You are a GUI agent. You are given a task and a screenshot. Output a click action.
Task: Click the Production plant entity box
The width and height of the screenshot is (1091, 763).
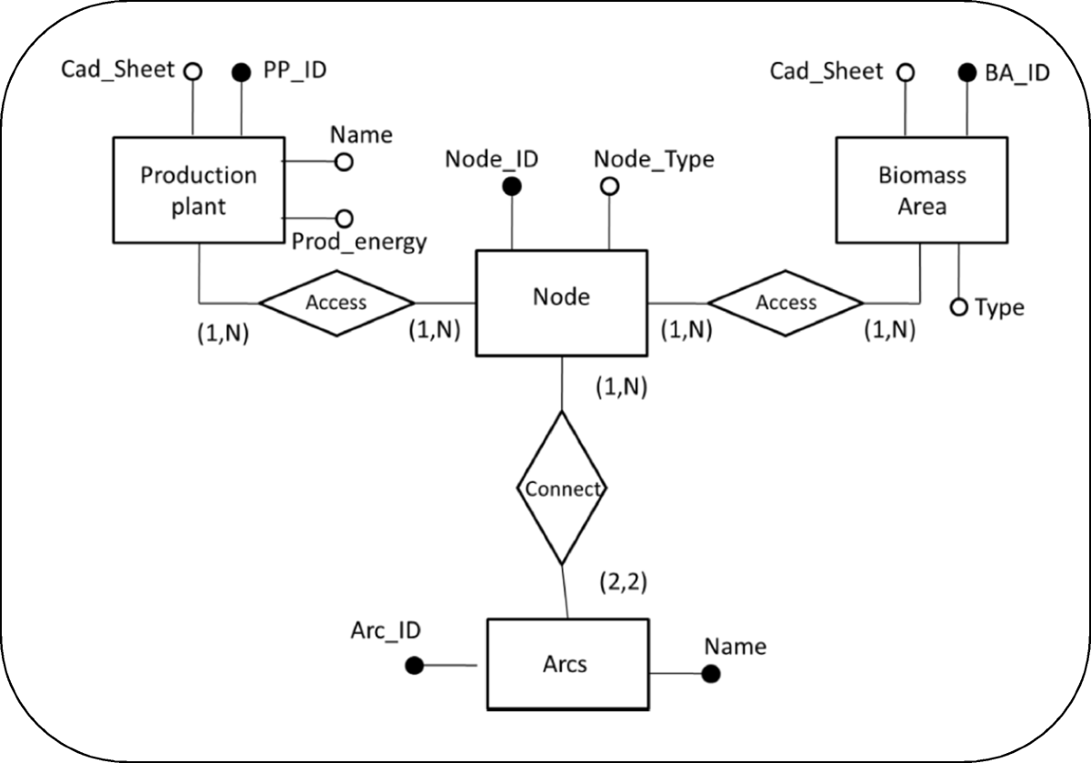click(x=198, y=189)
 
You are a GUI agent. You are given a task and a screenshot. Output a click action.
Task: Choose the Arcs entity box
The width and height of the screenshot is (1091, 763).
click(x=567, y=664)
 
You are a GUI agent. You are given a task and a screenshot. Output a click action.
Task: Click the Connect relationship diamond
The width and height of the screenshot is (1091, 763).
click(x=561, y=488)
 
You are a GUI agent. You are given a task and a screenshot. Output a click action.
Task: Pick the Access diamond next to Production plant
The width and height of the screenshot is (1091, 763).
click(x=336, y=302)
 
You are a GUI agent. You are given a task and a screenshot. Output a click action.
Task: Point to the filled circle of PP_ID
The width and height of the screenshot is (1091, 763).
click(x=242, y=72)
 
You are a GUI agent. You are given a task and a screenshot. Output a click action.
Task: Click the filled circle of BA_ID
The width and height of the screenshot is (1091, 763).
click(x=966, y=72)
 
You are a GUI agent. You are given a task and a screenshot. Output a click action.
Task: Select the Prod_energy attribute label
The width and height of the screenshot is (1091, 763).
click(x=359, y=242)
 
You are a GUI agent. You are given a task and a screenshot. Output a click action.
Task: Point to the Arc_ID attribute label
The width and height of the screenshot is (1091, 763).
click(x=385, y=630)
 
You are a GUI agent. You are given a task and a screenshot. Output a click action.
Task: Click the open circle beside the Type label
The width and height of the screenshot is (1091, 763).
click(x=958, y=307)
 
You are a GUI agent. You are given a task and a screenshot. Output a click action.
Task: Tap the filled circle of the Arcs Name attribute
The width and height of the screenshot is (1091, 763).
click(x=711, y=674)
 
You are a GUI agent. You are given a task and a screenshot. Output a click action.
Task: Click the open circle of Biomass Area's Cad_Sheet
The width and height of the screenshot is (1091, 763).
click(x=905, y=72)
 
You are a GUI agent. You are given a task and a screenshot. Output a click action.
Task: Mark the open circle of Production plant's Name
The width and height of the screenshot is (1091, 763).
click(x=344, y=162)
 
